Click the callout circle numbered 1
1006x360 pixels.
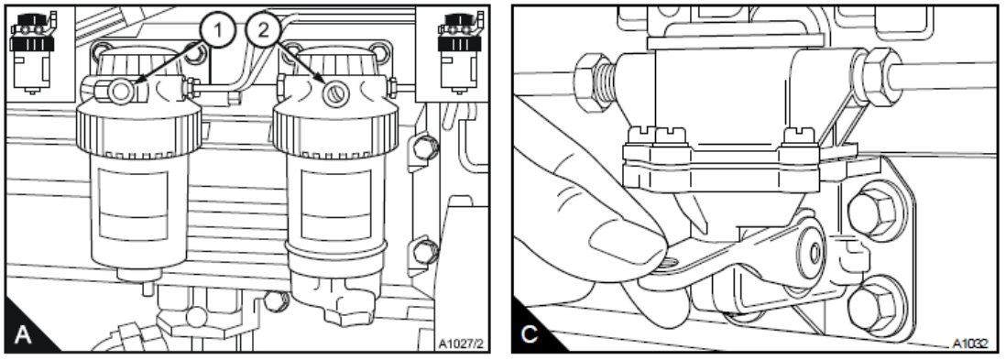(x=217, y=31)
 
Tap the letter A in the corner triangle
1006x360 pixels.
(x=23, y=334)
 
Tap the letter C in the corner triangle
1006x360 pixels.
(x=530, y=334)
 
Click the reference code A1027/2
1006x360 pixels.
(x=460, y=344)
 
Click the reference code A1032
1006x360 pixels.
(x=969, y=344)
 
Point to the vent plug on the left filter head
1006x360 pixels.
(x=120, y=92)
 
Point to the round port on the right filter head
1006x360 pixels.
(x=335, y=95)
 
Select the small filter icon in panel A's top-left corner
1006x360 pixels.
(x=33, y=51)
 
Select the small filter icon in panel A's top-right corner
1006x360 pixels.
(x=459, y=51)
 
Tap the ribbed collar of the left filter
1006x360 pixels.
(x=138, y=130)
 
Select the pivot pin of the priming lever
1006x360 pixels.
(x=815, y=252)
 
